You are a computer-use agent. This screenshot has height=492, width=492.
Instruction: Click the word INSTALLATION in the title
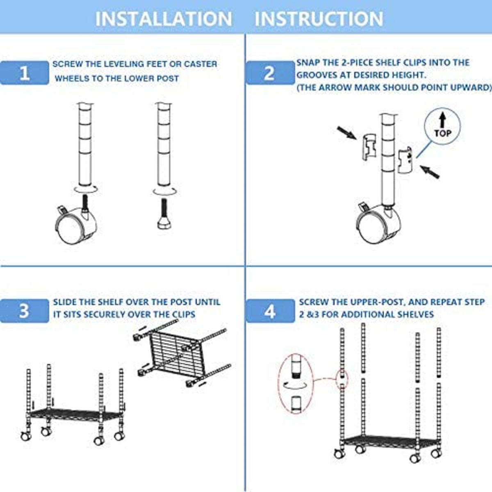164,19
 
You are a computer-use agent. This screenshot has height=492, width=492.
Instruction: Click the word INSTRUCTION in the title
319,19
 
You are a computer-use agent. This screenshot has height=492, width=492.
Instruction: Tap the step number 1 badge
25,73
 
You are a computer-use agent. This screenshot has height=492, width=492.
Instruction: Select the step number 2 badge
269,73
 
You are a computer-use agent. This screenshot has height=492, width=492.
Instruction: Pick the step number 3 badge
25,310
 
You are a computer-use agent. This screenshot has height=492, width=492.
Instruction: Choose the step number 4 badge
269,311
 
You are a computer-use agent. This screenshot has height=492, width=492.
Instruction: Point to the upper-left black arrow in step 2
346,133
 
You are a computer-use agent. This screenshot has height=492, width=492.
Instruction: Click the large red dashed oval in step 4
296,384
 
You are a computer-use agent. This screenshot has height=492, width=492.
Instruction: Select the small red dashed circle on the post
342,378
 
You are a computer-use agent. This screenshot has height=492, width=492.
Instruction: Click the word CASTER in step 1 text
200,64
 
